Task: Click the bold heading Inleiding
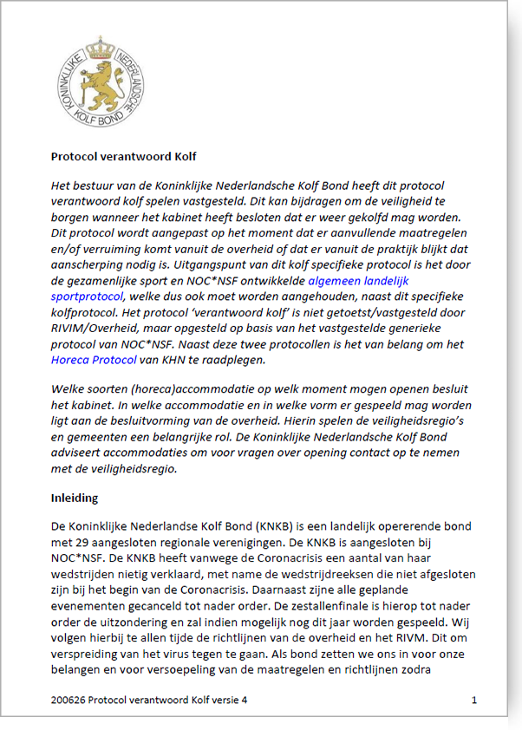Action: pos(74,499)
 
